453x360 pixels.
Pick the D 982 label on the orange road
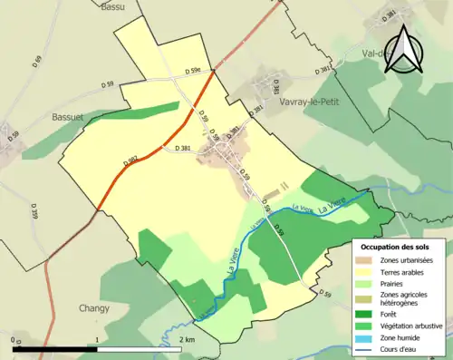click(x=131, y=162)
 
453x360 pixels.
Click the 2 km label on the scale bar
click(x=186, y=339)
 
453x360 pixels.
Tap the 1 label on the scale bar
click(x=98, y=339)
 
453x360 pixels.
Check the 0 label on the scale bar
click(x=15, y=339)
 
